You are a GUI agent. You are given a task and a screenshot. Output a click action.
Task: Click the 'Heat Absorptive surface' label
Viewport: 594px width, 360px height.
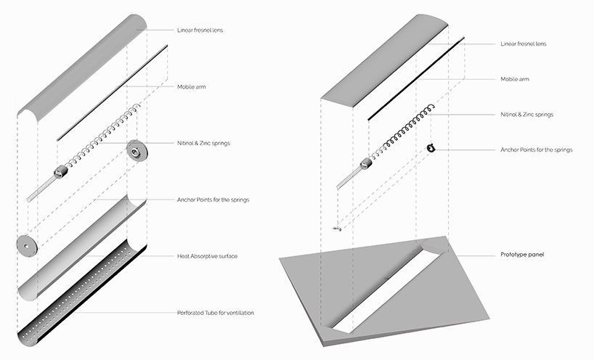click(207, 256)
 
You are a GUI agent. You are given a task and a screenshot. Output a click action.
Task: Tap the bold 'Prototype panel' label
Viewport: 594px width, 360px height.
click(521, 255)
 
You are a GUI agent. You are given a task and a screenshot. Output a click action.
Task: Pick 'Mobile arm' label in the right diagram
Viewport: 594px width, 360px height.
click(515, 78)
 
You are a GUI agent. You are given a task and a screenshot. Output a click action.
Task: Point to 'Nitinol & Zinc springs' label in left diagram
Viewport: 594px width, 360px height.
click(203, 143)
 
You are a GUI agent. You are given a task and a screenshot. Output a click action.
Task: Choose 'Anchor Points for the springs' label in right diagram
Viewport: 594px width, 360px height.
click(536, 150)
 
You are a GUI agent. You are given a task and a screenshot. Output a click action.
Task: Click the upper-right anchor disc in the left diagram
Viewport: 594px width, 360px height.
click(136, 150)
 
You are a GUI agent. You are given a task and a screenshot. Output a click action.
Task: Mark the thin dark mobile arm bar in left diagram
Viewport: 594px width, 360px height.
click(113, 91)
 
